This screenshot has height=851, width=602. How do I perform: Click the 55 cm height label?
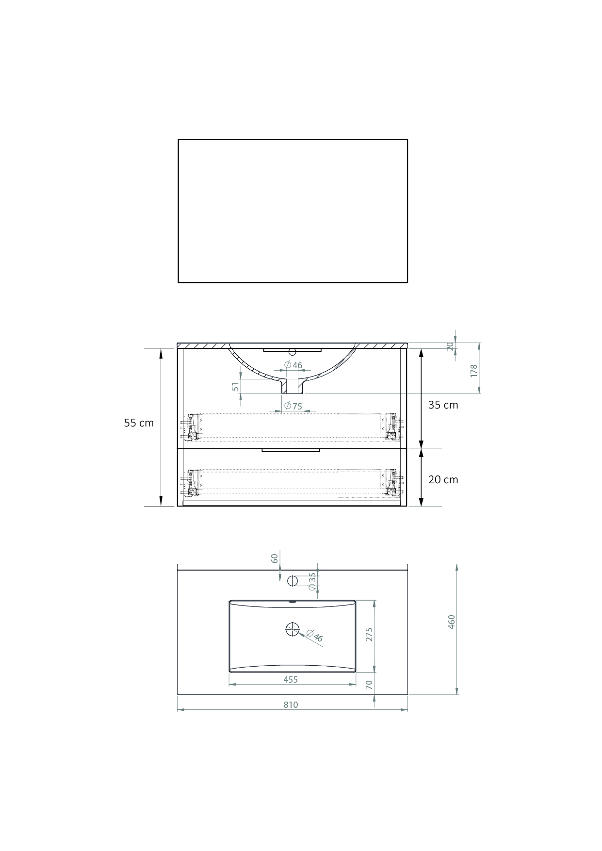(139, 423)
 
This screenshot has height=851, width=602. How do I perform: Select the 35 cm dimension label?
(443, 405)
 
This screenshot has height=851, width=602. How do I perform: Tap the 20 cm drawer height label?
(443, 479)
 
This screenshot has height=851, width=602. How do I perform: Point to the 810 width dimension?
(291, 704)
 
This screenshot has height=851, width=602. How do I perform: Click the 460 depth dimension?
(451, 622)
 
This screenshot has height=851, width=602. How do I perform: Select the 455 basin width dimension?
(291, 679)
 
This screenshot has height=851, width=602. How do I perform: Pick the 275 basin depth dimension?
(369, 635)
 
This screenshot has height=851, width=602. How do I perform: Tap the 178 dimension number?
(474, 371)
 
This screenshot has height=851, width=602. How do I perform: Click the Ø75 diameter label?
(293, 406)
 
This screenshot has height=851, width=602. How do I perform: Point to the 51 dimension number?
(235, 386)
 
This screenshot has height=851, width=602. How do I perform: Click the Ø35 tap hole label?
(312, 581)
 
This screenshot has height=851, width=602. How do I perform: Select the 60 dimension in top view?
(275, 558)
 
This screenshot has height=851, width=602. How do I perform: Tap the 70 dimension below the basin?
(369, 685)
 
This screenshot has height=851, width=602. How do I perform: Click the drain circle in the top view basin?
(293, 629)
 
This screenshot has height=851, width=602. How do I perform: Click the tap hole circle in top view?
(293, 580)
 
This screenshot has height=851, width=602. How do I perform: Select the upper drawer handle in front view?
(292, 350)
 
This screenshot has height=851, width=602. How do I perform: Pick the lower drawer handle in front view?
(291, 451)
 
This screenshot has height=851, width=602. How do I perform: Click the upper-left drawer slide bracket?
(194, 427)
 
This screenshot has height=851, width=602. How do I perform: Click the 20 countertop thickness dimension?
(450, 346)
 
